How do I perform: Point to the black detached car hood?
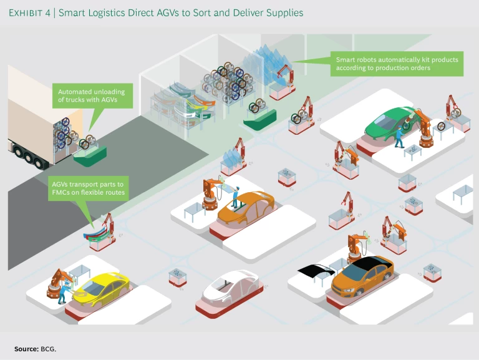(x=317, y=270)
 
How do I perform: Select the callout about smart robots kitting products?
(x=397, y=64)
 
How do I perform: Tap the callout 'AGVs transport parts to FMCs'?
(x=87, y=189)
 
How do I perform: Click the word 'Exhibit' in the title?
(x=29, y=12)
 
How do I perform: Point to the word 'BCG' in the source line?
(x=48, y=348)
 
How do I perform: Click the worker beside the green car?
(x=399, y=138)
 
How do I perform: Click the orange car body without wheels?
(x=246, y=208)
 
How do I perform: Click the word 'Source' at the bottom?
(x=26, y=348)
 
